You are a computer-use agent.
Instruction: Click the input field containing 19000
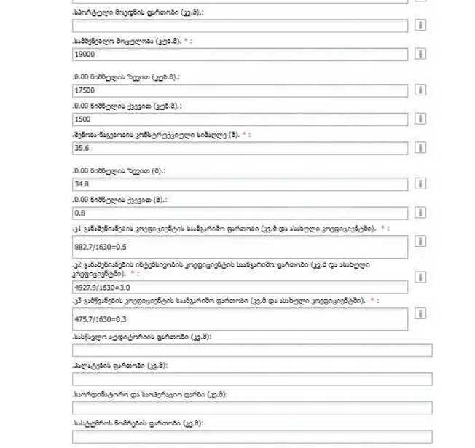pyautogui.click(x=240, y=54)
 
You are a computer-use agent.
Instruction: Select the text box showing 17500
pyautogui.click(x=240, y=90)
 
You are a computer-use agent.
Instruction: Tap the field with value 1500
pyautogui.click(x=240, y=119)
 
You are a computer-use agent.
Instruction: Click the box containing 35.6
pyautogui.click(x=240, y=147)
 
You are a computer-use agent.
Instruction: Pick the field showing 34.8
pyautogui.click(x=240, y=184)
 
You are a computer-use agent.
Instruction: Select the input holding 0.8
pyautogui.click(x=240, y=213)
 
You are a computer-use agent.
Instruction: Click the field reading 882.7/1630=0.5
pyautogui.click(x=240, y=247)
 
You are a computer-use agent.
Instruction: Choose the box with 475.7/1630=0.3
pyautogui.click(x=240, y=318)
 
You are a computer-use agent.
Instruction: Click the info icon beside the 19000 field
pyautogui.click(x=420, y=54)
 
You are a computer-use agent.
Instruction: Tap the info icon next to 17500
pyautogui.click(x=420, y=90)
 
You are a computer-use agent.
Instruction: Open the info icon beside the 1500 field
pyautogui.click(x=420, y=119)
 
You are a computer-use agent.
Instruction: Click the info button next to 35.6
pyautogui.click(x=420, y=147)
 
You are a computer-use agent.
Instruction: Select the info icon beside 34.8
pyautogui.click(x=420, y=184)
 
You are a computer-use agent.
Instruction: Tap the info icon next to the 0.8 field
pyautogui.click(x=420, y=213)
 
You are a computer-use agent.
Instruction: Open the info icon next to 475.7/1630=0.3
pyautogui.click(x=420, y=313)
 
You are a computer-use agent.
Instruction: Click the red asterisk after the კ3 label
pyautogui.click(x=373, y=300)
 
